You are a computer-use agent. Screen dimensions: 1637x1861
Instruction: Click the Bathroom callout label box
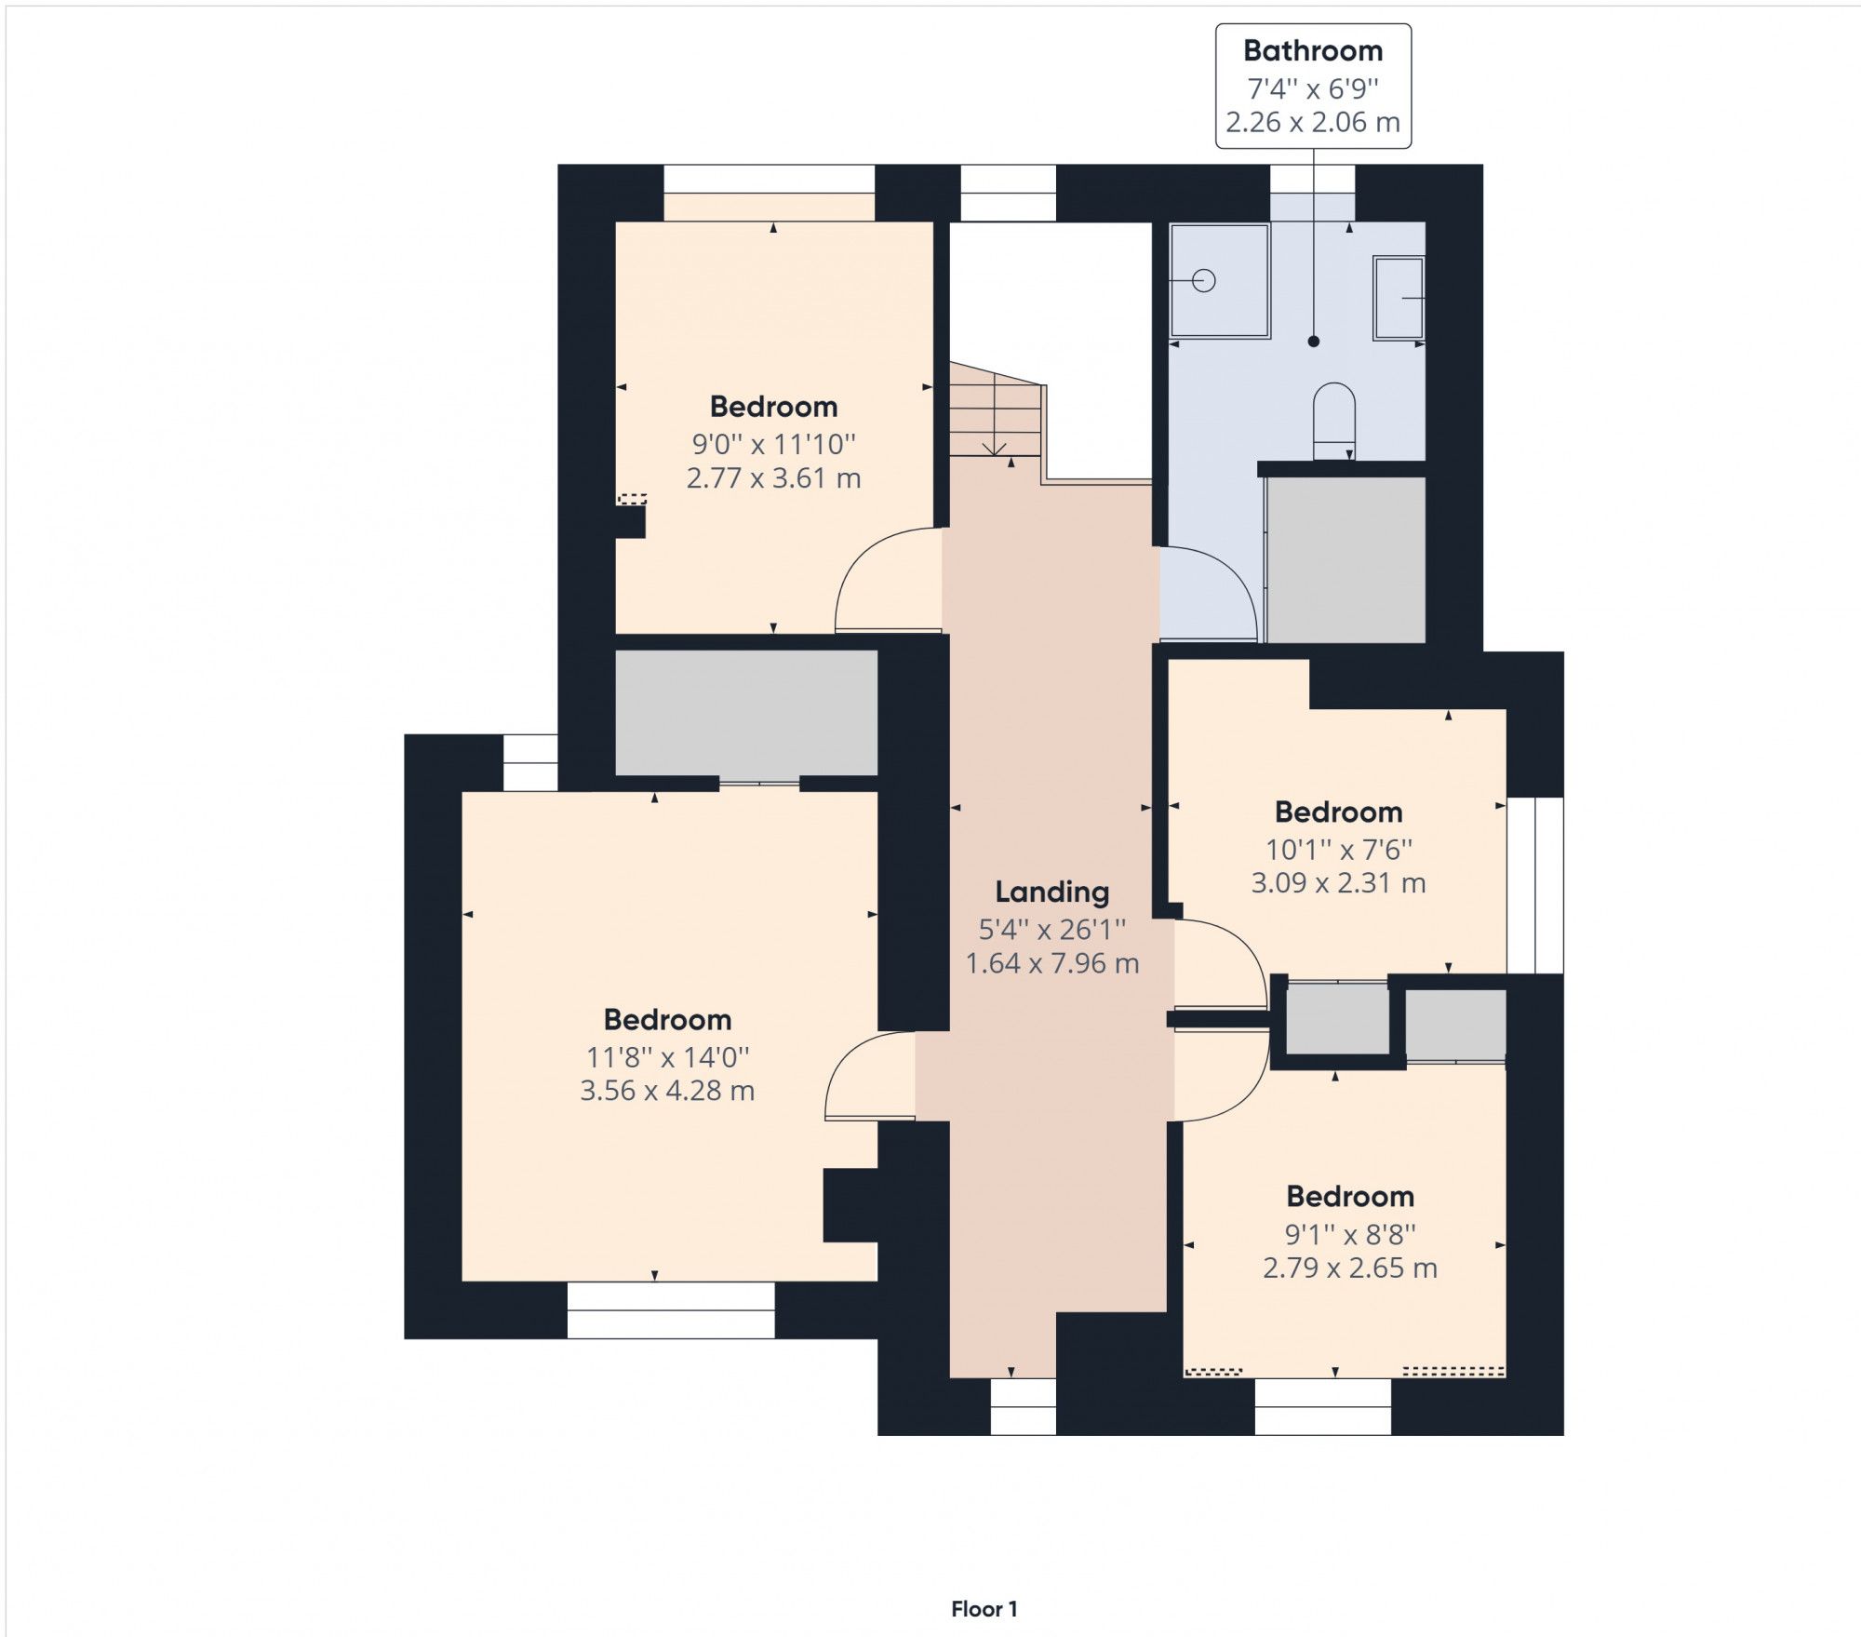click(1313, 87)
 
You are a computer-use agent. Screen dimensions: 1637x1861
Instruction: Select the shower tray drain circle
click(1204, 280)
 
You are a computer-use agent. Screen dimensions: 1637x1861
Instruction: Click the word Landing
click(1051, 892)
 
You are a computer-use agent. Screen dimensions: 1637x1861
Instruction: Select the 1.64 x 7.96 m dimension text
click(1051, 963)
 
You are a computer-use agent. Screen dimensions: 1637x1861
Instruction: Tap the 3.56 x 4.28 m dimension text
click(667, 1090)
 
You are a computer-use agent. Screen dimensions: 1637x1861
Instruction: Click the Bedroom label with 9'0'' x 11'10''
click(773, 407)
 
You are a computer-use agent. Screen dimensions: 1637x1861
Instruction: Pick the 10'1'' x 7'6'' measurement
click(1338, 849)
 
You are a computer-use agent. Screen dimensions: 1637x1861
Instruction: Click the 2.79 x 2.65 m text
click(1349, 1268)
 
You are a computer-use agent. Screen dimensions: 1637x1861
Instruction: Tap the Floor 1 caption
click(984, 1609)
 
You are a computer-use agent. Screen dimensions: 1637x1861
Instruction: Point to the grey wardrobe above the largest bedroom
click(746, 712)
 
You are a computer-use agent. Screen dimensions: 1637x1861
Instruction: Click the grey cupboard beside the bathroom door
click(1346, 559)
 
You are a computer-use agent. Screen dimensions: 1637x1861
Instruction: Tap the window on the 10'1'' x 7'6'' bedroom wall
click(1535, 885)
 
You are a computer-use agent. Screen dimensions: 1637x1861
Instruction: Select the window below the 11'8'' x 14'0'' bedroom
click(670, 1309)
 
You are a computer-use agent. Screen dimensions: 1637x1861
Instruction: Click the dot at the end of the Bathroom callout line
click(1313, 342)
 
